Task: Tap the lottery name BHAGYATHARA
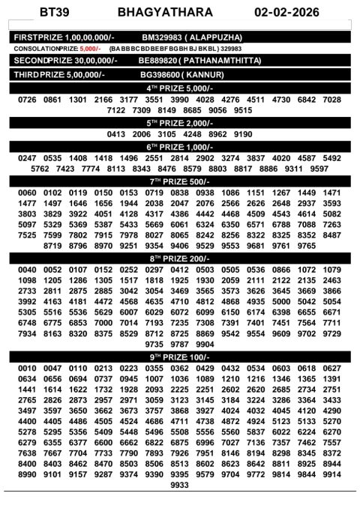166,13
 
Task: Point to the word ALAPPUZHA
215,37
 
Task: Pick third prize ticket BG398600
160,75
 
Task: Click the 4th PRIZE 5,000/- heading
180,88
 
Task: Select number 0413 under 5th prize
116,134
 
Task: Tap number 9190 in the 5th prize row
243,134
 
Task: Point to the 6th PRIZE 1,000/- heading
180,147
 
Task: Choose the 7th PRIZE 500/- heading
180,181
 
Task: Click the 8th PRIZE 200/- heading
180,258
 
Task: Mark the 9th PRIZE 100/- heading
180,357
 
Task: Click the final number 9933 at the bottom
180,486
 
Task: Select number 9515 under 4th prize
243,110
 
